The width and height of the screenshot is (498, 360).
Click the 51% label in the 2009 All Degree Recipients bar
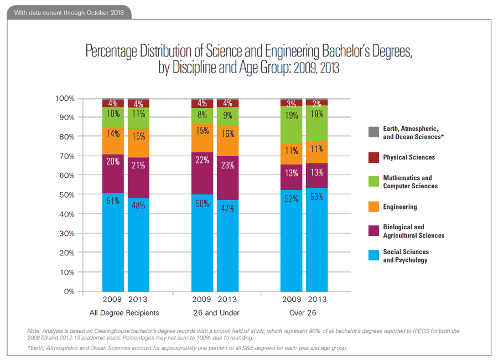pos(112,200)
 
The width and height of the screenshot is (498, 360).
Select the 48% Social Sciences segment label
pos(138,205)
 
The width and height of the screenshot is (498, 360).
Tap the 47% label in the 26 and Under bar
pos(227,208)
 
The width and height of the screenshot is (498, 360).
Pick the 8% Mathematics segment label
pos(202,116)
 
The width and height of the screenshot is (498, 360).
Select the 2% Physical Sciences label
pos(317,104)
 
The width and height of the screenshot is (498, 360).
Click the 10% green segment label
pos(112,114)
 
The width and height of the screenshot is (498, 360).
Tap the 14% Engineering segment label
pos(112,133)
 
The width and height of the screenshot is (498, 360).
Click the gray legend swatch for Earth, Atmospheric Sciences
pos(373,132)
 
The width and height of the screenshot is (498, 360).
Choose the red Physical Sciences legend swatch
pos(373,157)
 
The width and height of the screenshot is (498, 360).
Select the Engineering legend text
pos(400,207)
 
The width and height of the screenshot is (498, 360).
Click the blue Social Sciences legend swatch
pos(373,255)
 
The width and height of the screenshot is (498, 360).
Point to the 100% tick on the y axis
pos(65,99)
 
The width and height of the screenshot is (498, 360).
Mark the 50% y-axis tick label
pos(66,195)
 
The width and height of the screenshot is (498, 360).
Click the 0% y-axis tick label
pos(69,291)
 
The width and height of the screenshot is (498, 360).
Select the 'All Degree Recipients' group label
pos(124,313)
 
